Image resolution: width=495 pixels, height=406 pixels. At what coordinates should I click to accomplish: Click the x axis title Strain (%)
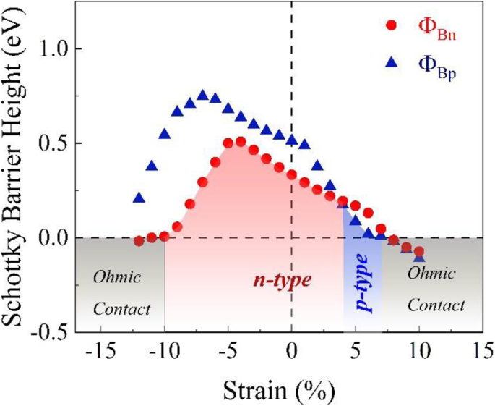(279, 391)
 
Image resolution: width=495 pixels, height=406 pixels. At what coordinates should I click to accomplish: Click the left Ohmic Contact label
(121, 292)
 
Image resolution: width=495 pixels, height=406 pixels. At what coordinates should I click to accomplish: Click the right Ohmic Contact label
(436, 289)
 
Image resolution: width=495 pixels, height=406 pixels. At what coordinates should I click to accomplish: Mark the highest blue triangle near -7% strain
(202, 96)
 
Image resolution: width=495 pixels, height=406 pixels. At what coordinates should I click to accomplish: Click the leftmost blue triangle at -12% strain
(139, 198)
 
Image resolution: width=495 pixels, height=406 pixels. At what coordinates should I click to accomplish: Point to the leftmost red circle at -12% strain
(139, 241)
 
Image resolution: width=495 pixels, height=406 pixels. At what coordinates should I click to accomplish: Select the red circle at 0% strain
(292, 174)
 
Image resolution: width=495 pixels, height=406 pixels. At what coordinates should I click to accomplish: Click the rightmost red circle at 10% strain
(418, 251)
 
